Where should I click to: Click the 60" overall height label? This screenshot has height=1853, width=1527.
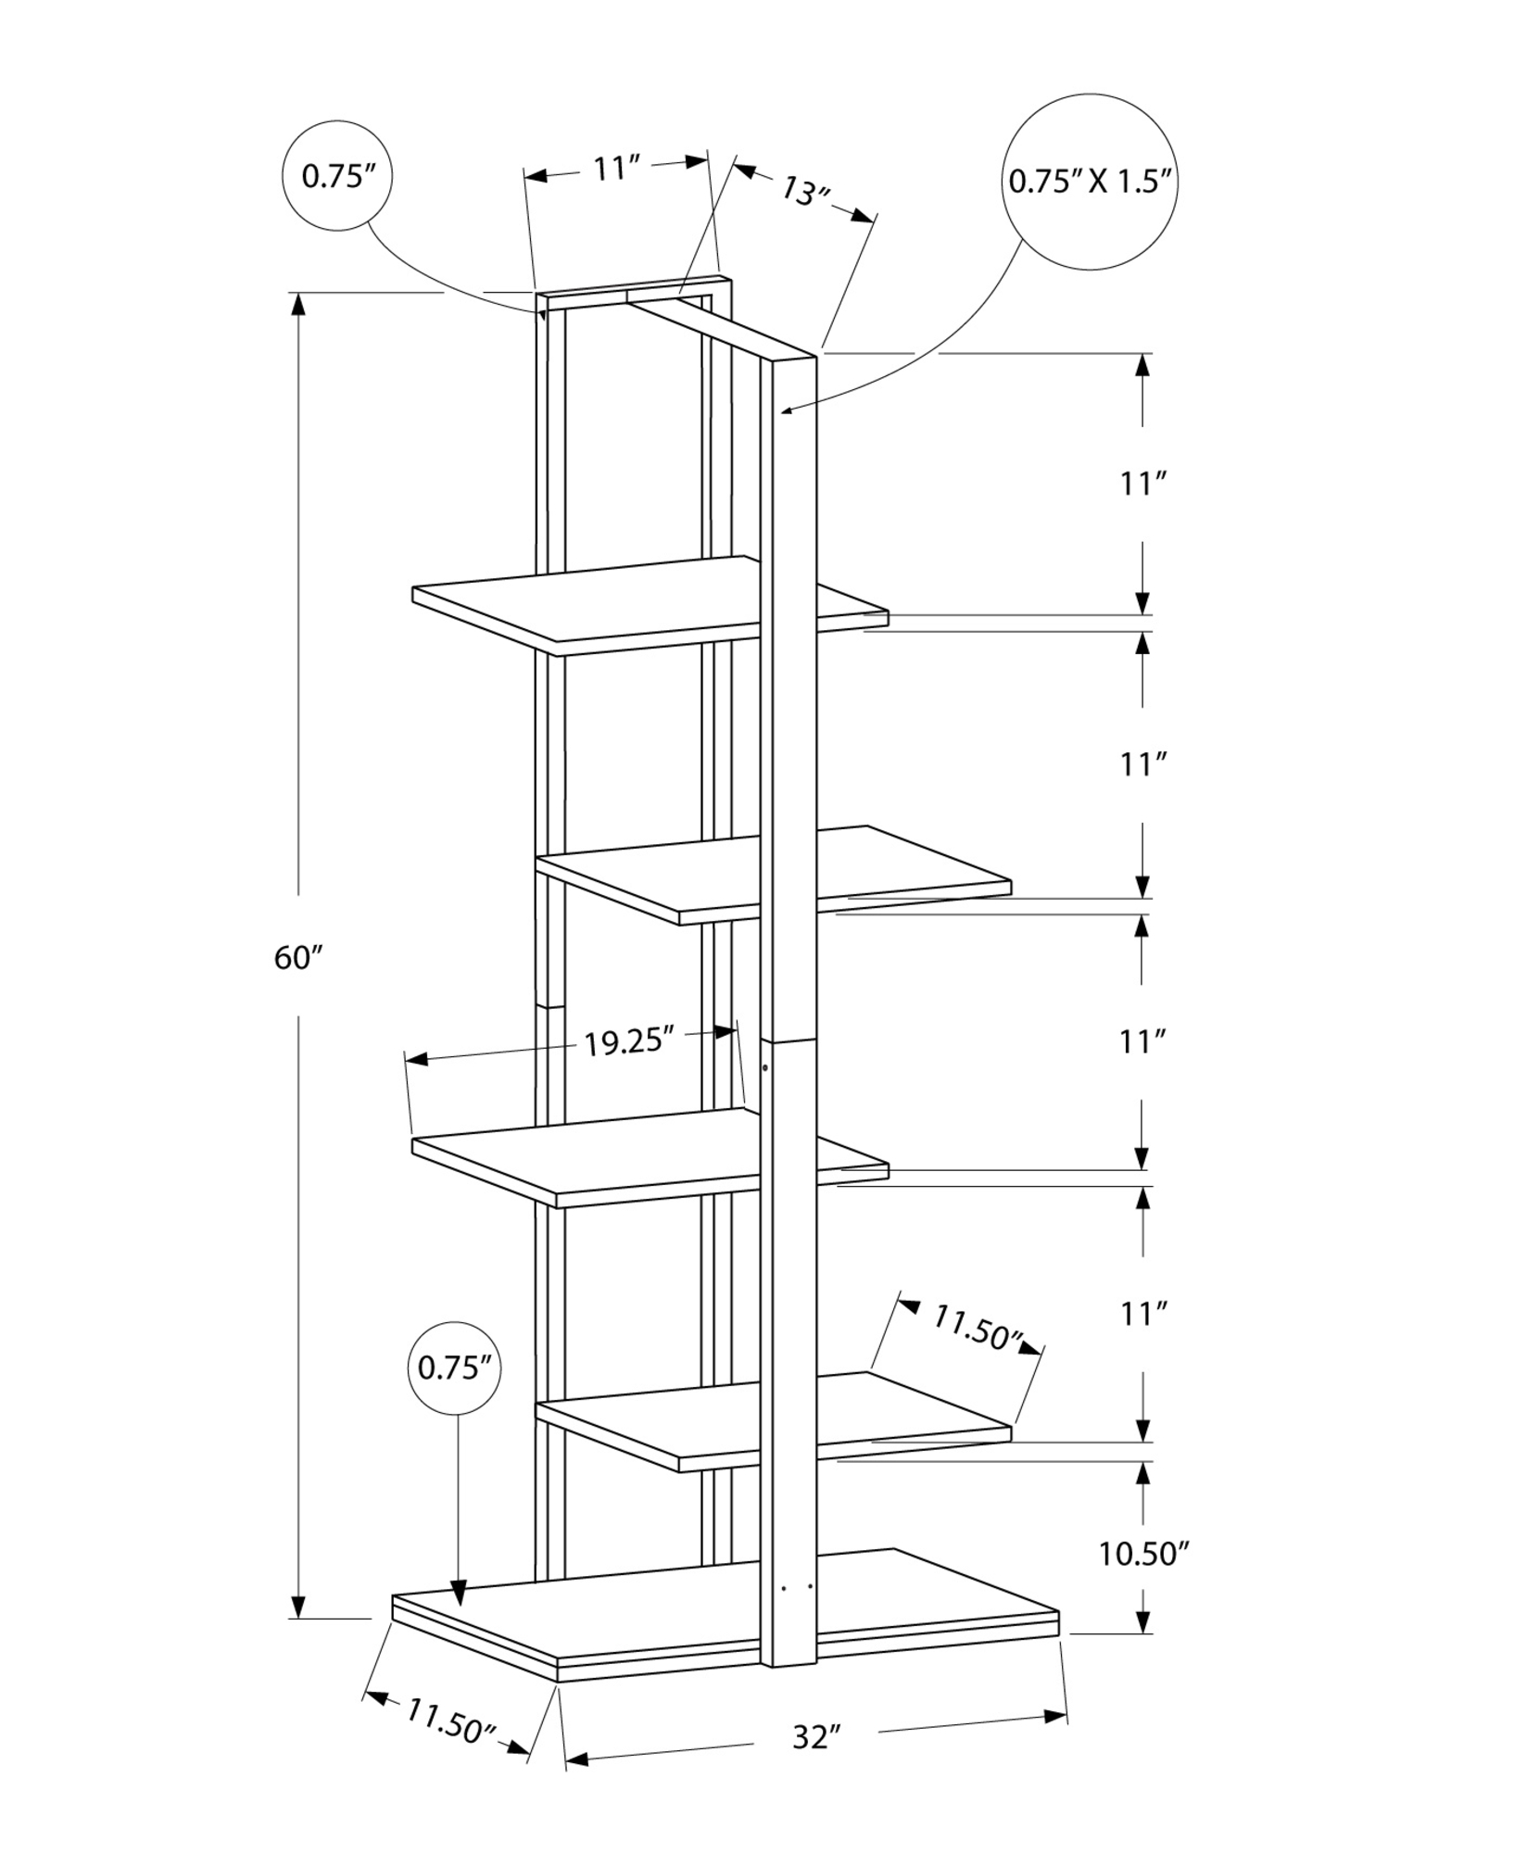coord(297,958)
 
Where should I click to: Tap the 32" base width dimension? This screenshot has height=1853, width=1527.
coord(816,1736)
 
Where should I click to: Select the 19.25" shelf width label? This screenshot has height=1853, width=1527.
coord(627,1041)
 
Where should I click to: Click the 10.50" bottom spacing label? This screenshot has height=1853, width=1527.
coord(1143,1554)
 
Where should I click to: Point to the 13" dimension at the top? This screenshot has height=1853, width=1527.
coord(803,193)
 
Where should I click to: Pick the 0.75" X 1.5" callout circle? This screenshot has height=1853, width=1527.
coord(1092,181)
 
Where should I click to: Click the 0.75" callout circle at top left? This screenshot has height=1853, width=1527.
coord(336,176)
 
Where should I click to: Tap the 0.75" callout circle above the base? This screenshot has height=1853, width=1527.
coord(454,1368)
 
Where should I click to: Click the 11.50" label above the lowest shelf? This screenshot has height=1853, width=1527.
coord(976,1328)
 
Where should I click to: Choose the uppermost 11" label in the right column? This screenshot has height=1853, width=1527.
coord(1142,484)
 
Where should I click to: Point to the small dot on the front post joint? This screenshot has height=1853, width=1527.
coord(764,1068)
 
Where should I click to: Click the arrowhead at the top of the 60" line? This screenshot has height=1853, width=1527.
coord(298,306)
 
